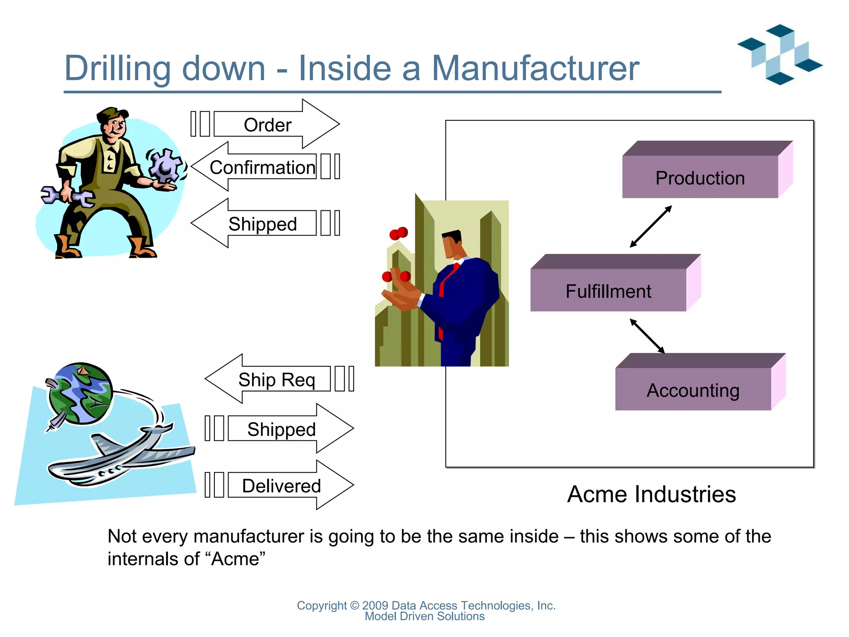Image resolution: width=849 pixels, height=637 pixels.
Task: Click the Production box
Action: (700, 177)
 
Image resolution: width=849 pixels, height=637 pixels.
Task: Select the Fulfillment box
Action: (608, 290)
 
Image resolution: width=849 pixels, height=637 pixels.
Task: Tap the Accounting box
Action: (693, 389)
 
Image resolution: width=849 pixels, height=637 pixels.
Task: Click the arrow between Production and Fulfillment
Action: (650, 227)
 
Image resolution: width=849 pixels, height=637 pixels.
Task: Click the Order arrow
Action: (267, 124)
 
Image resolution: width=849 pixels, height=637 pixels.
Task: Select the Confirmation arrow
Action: (262, 167)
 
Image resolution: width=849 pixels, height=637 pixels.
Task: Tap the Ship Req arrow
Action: (276, 379)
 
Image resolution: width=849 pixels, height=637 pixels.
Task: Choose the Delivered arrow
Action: (281, 485)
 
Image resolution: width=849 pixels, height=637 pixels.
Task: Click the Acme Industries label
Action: (651, 494)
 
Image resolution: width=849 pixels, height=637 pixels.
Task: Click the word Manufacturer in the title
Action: (535, 68)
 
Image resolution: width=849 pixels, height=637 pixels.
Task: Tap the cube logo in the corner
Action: (780, 54)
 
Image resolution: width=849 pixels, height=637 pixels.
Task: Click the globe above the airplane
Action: (80, 393)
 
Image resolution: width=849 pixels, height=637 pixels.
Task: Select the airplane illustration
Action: (120, 456)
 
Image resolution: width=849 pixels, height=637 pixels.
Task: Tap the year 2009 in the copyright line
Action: (375, 605)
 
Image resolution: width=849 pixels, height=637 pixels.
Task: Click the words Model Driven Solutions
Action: (424, 617)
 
